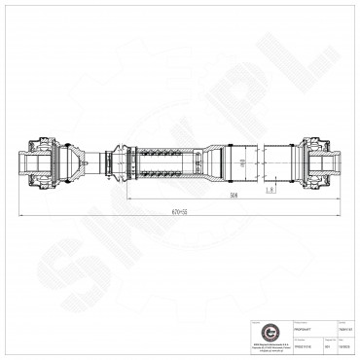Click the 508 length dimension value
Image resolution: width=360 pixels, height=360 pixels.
coord(234,195)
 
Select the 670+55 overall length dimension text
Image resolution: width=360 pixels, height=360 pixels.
coord(176,211)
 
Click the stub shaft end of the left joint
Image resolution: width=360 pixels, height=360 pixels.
coord(22,162)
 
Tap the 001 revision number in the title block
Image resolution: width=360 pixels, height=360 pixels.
coord(325,343)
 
